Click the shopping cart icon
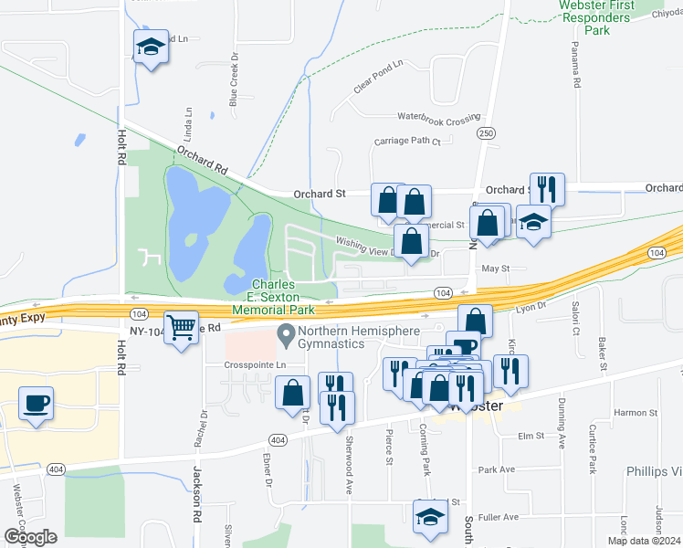[183, 327]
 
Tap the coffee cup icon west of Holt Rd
[36, 404]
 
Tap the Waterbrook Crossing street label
[438, 118]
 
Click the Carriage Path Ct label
[407, 142]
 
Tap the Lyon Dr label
[530, 309]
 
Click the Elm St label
[531, 437]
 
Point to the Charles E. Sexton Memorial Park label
[273, 297]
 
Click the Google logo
[30, 537]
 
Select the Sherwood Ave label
[349, 466]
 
